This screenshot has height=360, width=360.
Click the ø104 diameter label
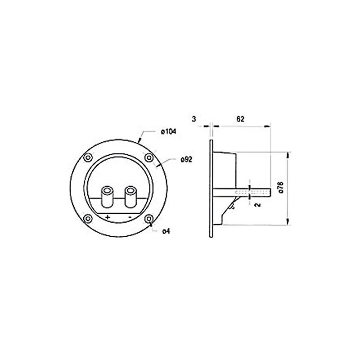[167, 131]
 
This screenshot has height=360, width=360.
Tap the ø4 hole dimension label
[166, 231]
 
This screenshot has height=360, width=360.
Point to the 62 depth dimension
[240, 119]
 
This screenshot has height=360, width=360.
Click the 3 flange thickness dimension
[193, 119]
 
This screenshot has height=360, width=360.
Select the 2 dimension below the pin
[257, 205]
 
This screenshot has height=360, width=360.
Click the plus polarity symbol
[108, 217]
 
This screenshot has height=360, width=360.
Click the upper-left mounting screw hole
[89, 158]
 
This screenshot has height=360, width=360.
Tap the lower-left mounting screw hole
[89, 219]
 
